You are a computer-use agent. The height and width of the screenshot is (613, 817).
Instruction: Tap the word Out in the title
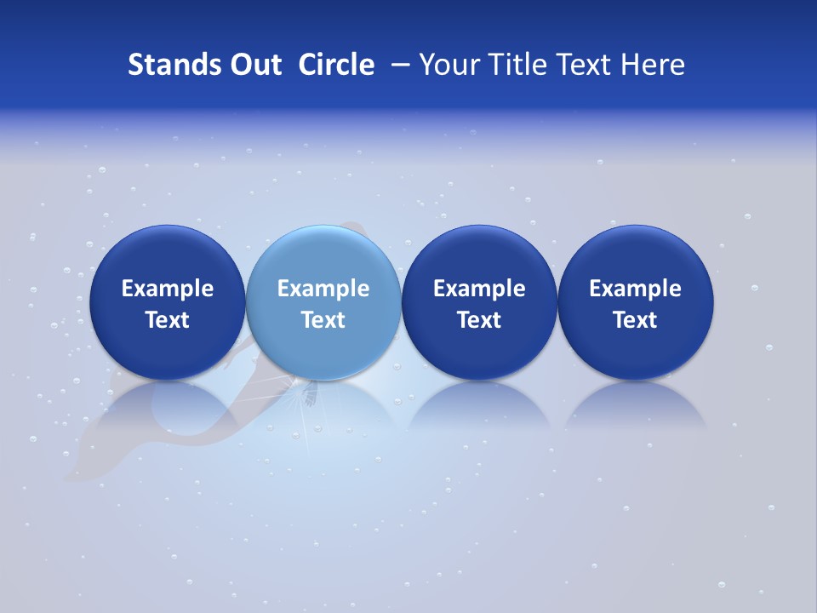254,65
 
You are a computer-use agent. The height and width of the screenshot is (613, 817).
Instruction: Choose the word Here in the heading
653,65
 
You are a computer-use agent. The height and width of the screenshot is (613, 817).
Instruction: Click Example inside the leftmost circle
168,289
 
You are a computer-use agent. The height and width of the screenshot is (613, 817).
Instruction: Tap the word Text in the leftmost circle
168,320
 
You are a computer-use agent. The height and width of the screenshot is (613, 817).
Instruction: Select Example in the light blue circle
323,289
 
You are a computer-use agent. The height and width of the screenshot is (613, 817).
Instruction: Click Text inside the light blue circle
323,320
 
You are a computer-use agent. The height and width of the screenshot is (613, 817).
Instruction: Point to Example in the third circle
479,289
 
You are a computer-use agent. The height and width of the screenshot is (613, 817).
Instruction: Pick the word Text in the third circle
479,320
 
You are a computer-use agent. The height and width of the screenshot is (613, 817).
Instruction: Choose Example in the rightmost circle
635,289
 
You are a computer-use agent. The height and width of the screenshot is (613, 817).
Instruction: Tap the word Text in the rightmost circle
635,320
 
